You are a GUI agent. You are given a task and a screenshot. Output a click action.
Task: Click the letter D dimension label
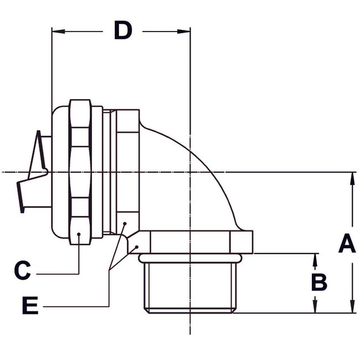coord(122,31)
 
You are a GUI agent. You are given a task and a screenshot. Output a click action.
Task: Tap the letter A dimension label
coord(347,244)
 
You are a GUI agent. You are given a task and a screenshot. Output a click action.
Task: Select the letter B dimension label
coord(318,282)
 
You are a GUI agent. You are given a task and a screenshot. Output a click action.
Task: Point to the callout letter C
coord(22,271)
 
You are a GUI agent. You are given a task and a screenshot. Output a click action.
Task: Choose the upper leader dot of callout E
coord(125,224)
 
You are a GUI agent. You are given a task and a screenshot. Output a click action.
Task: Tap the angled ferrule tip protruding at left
coord(30,172)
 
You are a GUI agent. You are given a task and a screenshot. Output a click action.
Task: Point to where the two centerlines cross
coord(190,172)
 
